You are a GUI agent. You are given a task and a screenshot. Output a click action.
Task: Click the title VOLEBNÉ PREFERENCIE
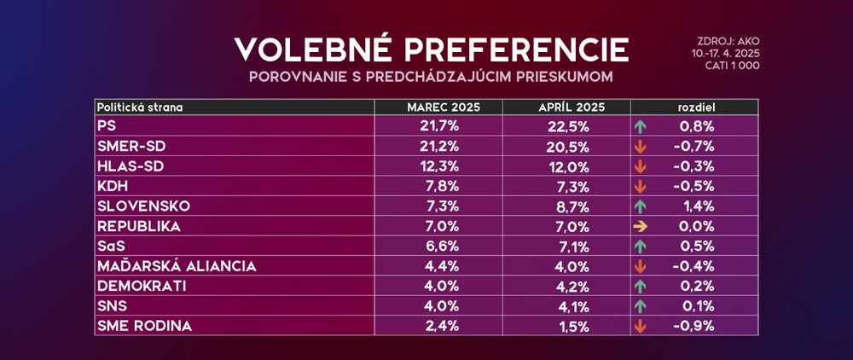tap(431, 49)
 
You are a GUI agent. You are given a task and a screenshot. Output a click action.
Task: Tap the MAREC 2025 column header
tap(438, 107)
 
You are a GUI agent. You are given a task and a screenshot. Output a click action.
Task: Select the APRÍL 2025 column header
tap(566, 107)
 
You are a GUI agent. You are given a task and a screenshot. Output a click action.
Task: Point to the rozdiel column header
tap(694, 107)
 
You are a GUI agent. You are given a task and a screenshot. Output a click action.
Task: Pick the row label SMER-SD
tap(130, 145)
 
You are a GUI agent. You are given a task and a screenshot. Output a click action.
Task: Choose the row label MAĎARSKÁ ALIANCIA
tap(177, 265)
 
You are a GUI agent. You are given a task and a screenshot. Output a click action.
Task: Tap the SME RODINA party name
tap(144, 326)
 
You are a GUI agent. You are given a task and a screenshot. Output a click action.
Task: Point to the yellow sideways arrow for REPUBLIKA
tap(641, 226)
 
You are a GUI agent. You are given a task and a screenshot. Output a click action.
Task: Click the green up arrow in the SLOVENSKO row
tap(641, 206)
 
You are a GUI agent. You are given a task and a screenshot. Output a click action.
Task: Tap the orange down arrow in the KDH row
tap(641, 186)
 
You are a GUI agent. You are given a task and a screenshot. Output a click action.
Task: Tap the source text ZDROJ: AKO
tap(727, 40)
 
